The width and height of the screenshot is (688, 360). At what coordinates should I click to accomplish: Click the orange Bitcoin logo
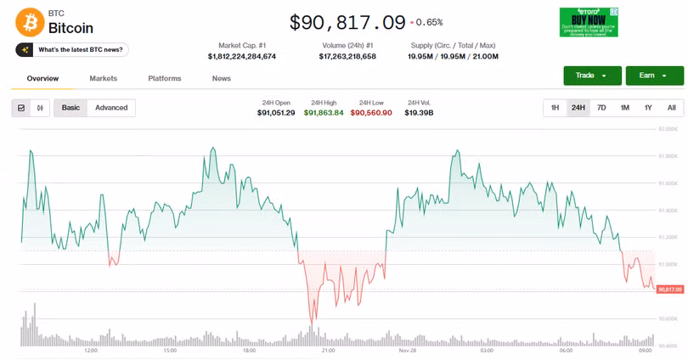coord(29,20)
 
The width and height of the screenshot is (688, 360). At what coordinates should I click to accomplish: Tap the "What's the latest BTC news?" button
coord(71,49)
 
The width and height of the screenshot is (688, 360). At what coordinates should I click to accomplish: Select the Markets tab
coord(103,78)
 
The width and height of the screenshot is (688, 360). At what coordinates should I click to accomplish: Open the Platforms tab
coord(165,78)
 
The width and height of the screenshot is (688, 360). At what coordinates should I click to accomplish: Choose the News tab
coord(222,78)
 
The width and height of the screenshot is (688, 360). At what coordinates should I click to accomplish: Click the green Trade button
coord(592,76)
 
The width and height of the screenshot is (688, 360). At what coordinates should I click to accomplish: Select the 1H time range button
coord(555,108)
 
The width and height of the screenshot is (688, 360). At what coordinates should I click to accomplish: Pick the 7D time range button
coord(601,108)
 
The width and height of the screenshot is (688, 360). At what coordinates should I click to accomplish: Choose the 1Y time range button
coord(648,108)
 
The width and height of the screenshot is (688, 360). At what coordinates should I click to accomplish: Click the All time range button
coord(671,108)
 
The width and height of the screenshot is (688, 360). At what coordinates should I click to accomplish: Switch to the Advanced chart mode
coord(111,108)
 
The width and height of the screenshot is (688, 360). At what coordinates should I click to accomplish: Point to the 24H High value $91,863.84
coord(324,113)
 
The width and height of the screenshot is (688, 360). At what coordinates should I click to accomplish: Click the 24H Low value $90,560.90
coord(371,113)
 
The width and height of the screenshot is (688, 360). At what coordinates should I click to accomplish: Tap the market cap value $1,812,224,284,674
coord(242,57)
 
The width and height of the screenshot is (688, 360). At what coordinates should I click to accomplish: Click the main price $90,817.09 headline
coord(347,22)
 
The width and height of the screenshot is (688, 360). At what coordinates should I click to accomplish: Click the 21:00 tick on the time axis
coord(328,350)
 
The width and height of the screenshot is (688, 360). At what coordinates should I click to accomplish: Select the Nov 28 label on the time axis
coord(407,350)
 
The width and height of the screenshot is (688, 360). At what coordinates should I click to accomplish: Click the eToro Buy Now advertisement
coord(588,22)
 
